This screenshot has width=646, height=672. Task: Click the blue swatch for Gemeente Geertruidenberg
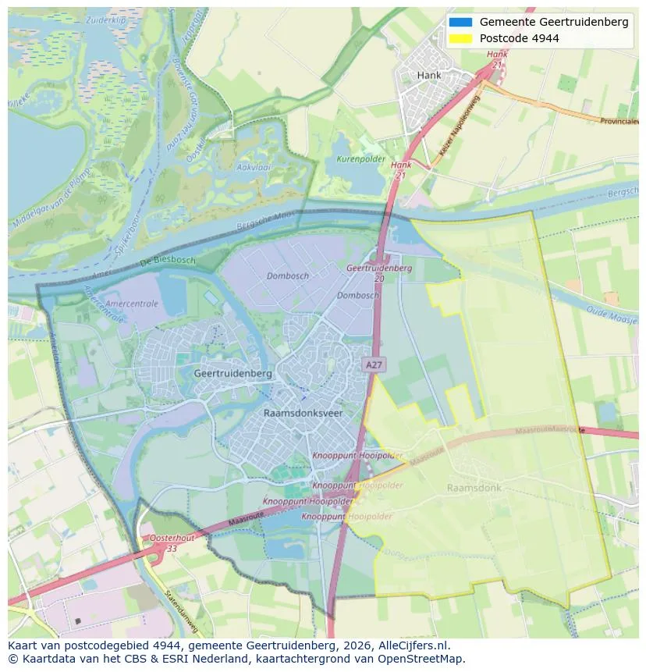pos(461,22)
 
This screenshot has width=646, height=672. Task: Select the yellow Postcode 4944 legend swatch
pos(461,38)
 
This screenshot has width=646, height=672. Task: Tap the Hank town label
pos(429,76)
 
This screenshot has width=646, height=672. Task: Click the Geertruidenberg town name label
pos(232,374)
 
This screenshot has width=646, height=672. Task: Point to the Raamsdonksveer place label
pos(303,413)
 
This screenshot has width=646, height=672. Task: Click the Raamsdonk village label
pos(474,488)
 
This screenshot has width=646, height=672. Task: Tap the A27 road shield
pos(373,364)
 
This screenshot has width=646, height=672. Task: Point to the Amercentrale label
pos(131,304)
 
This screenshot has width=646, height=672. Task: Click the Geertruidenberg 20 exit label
pos(379,272)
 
